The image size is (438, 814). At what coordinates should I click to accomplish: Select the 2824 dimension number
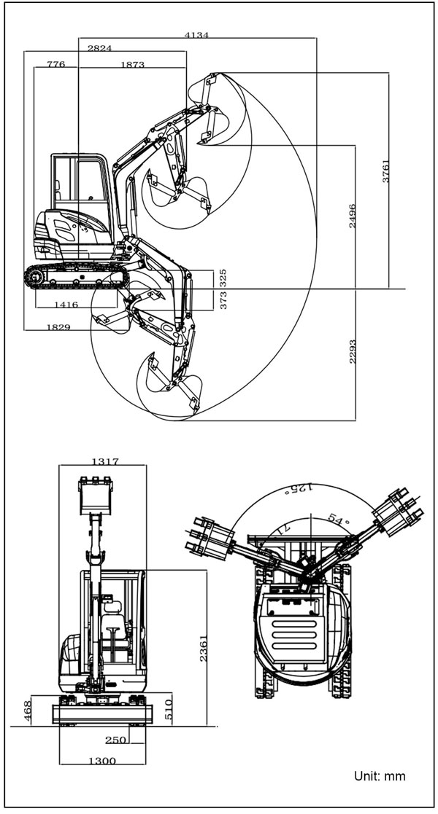coord(99,48)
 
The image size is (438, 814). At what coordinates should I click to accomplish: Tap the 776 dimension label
coord(55,64)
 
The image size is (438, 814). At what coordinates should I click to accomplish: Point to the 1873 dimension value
coord(132,64)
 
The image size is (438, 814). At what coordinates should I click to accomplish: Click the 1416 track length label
coord(66,305)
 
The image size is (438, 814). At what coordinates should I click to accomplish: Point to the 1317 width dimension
coord(105,461)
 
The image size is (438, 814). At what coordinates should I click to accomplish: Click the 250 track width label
coord(115,740)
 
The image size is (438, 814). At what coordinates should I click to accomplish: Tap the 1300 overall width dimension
coord(102,761)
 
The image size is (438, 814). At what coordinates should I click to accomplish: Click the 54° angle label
coord(337,520)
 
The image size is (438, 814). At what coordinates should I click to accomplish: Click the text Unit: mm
coord(380,776)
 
